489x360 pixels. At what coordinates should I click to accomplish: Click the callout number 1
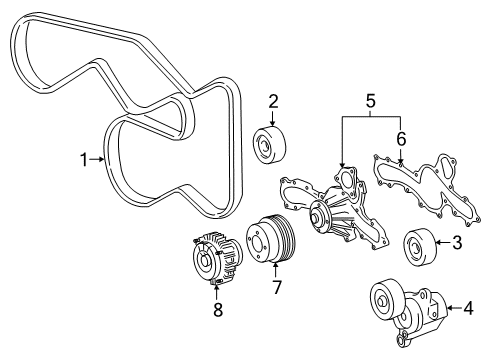(86, 158)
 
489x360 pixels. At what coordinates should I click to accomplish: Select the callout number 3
(456, 241)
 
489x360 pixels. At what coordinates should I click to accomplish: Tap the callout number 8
(216, 309)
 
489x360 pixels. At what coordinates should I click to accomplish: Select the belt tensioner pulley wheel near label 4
(383, 299)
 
